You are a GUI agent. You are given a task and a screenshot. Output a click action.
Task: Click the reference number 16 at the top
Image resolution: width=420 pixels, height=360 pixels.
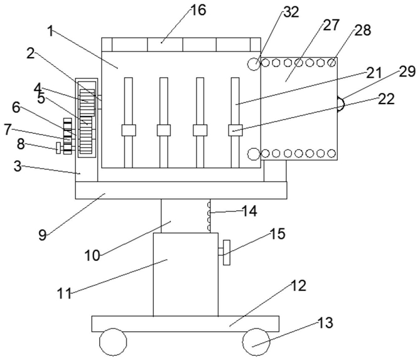tap(198, 11)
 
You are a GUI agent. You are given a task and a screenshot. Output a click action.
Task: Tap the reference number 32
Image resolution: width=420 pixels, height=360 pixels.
tap(291, 12)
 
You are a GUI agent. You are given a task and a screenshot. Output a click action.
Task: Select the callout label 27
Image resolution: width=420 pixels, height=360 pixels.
tap(331, 25)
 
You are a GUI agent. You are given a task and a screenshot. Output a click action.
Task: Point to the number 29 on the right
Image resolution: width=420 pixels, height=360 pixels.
tap(407, 71)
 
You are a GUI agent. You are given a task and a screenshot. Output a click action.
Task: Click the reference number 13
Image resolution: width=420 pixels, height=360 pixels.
tap(325, 322)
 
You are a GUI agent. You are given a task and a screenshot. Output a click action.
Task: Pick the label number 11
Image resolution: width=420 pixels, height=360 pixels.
tap(64, 294)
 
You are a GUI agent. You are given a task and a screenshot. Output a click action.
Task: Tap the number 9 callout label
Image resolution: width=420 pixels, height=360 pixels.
tap(43, 235)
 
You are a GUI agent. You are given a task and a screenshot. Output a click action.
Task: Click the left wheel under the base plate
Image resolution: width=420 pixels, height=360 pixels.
tap(113, 342)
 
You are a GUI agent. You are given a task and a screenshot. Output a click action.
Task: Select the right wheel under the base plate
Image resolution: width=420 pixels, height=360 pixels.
tap(256, 342)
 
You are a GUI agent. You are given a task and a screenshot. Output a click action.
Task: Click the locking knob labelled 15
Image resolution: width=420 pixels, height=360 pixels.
tap(227, 252)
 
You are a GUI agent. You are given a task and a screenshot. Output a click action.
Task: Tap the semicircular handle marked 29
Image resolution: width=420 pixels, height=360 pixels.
tap(341, 104)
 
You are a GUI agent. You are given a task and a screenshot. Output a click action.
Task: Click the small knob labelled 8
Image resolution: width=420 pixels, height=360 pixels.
tap(58, 148)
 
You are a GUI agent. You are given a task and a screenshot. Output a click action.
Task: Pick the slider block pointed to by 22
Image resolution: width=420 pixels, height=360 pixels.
tap(235, 130)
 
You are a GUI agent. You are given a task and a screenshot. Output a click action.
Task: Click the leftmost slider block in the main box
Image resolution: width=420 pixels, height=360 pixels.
tap(129, 130)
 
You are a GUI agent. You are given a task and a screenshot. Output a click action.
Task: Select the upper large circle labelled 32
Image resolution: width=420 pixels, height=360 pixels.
tap(254, 64)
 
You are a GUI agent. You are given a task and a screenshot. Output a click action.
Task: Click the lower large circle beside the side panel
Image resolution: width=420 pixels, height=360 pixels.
tap(254, 154)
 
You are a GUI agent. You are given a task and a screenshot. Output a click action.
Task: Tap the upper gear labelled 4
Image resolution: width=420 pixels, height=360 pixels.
tap(87, 103)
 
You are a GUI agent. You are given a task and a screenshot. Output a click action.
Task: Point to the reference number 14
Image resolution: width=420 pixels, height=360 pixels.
tap(249, 211)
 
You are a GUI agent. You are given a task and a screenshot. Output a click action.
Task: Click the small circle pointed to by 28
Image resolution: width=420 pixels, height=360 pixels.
tap(331, 63)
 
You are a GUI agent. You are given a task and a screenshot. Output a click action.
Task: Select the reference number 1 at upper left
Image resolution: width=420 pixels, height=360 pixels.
tap(50, 31)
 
